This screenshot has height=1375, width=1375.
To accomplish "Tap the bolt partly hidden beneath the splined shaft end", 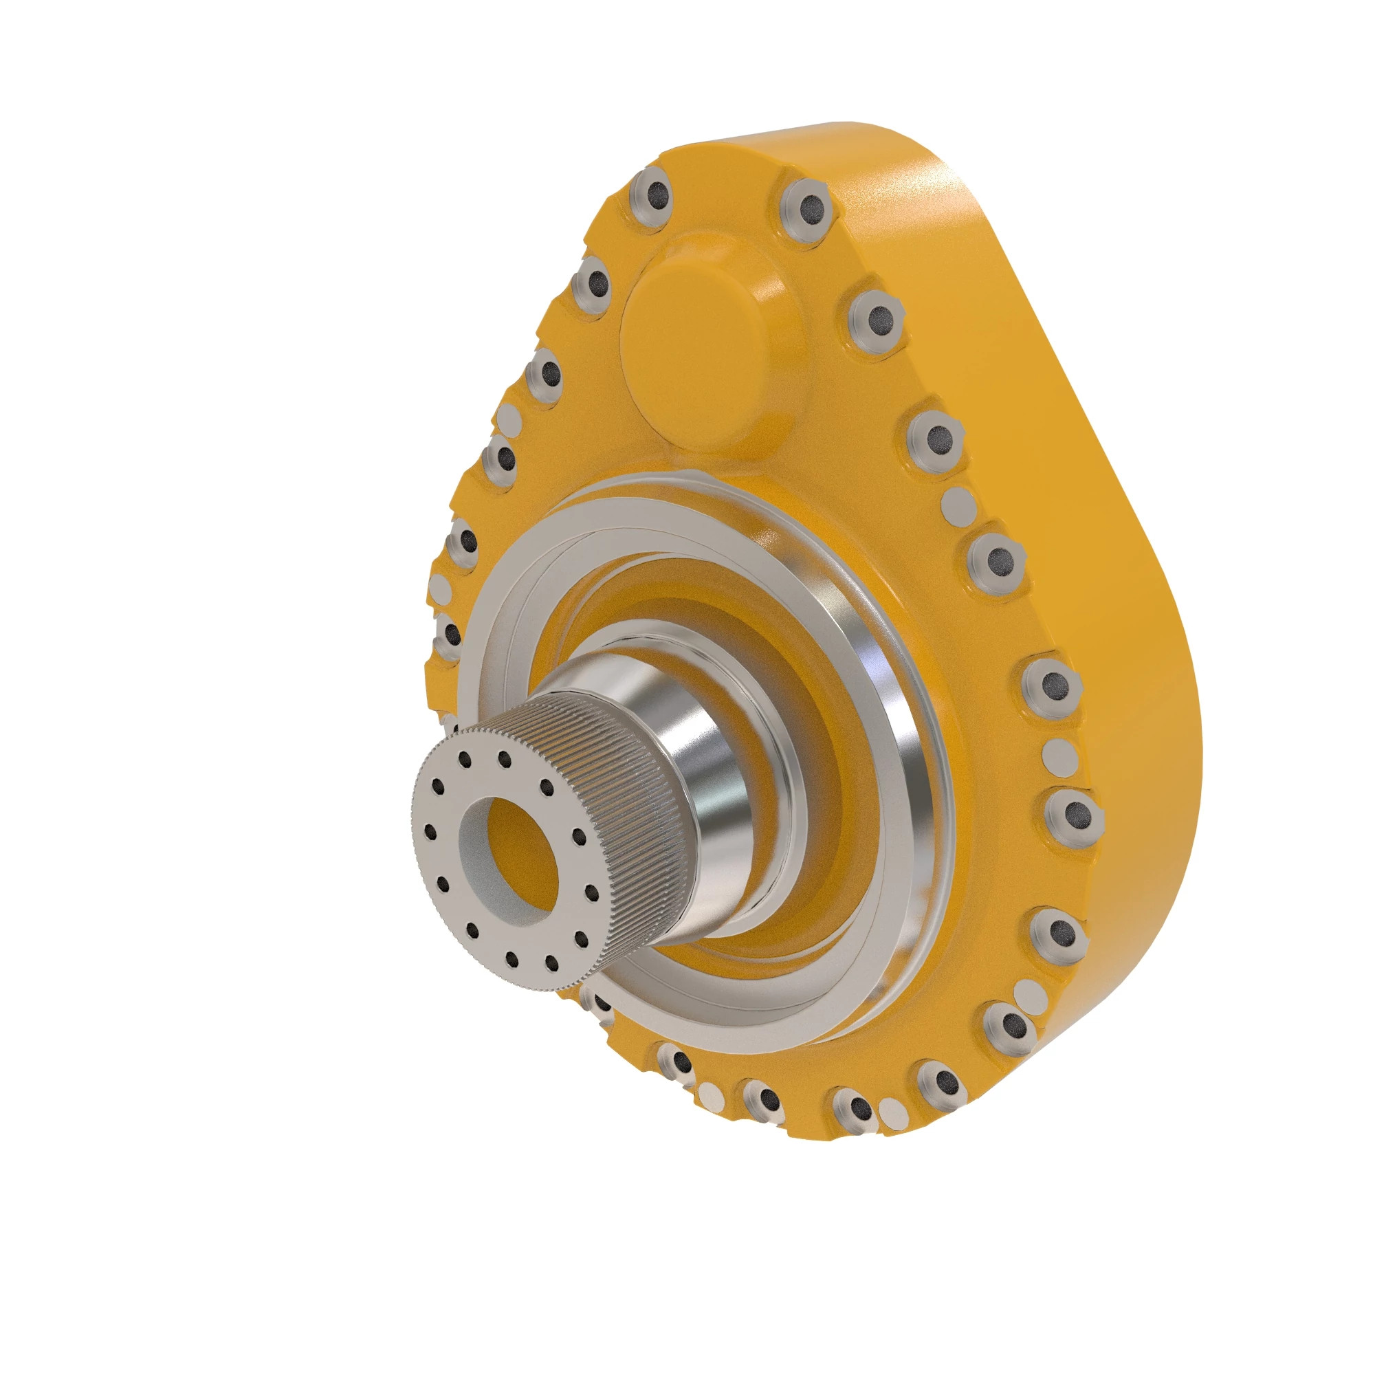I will [x=600, y=1004].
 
